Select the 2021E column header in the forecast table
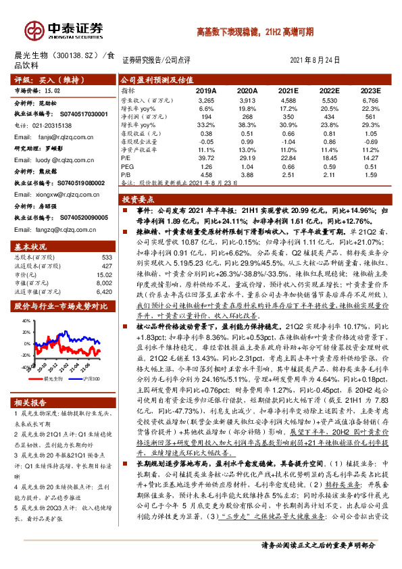(x=288, y=90)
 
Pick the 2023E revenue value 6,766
(x=370, y=99)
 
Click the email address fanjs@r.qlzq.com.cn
(x=57, y=136)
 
